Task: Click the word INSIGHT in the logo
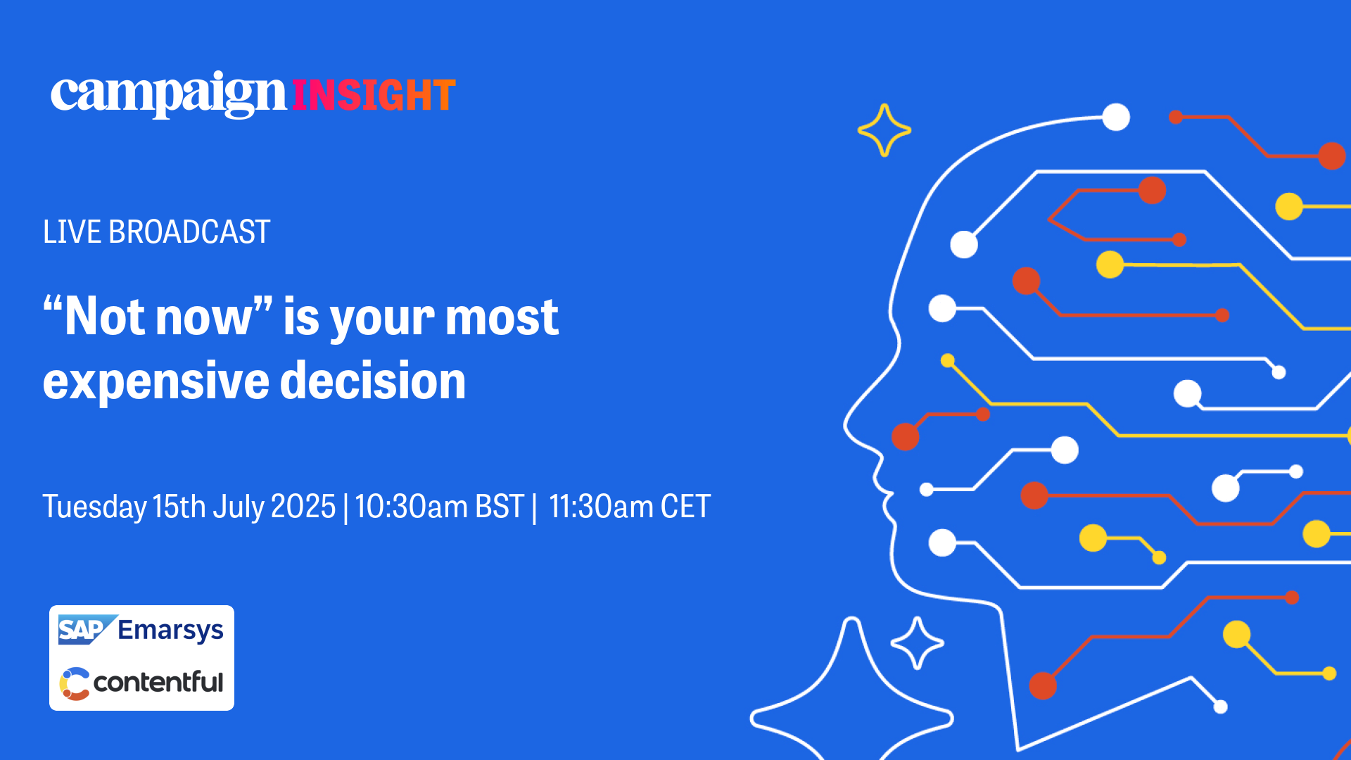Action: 374,96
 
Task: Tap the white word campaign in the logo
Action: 169,94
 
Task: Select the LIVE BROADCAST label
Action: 156,232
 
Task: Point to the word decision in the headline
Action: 373,381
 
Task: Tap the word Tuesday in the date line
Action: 94,507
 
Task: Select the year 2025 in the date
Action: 303,507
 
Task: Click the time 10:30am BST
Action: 440,507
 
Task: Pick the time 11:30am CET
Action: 630,507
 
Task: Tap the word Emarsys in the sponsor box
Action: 171,631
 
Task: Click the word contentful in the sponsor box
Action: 158,682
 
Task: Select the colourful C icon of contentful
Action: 75,684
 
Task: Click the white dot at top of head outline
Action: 1116,117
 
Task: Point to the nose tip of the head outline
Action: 845,426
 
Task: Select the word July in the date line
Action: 239,507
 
